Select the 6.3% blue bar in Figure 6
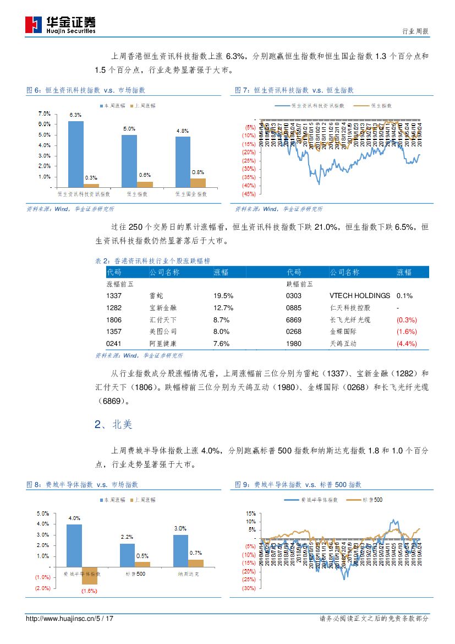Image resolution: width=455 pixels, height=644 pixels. [76, 154]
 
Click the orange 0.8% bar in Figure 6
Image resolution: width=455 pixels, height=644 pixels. [198, 183]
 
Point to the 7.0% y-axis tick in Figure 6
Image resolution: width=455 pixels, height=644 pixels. [45, 113]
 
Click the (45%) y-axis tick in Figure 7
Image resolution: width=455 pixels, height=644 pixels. [248, 194]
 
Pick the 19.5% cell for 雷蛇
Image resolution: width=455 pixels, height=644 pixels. [223, 296]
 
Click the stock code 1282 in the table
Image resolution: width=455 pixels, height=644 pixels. [114, 308]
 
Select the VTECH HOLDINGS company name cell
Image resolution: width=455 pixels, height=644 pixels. [360, 296]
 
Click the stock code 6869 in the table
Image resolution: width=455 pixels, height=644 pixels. [294, 320]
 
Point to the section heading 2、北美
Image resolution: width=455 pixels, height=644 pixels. [113, 425]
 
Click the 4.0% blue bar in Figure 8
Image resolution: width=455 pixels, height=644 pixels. [74, 545]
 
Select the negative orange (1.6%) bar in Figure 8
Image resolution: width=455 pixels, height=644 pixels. [90, 575]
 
